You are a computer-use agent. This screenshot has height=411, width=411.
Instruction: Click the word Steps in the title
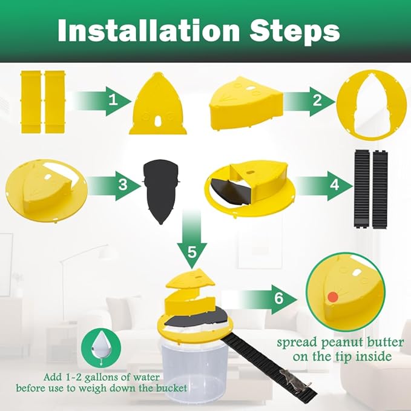[294, 32]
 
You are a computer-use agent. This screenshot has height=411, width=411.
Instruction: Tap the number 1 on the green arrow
[113, 100]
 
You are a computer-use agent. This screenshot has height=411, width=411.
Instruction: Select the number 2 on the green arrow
[317, 100]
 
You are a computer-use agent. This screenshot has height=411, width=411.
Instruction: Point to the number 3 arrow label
[123, 185]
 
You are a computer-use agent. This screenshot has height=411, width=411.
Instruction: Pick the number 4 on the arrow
[335, 185]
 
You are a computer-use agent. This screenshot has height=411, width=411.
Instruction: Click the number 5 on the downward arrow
[192, 252]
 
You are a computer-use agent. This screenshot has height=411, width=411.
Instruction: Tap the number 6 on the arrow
[278, 298]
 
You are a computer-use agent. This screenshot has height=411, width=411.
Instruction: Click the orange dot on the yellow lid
[333, 297]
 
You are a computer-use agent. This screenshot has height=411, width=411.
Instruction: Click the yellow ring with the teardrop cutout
[371, 104]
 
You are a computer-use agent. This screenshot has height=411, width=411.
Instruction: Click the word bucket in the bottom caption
[172, 388]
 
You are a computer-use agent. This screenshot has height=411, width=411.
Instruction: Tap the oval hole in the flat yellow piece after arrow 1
[157, 121]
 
